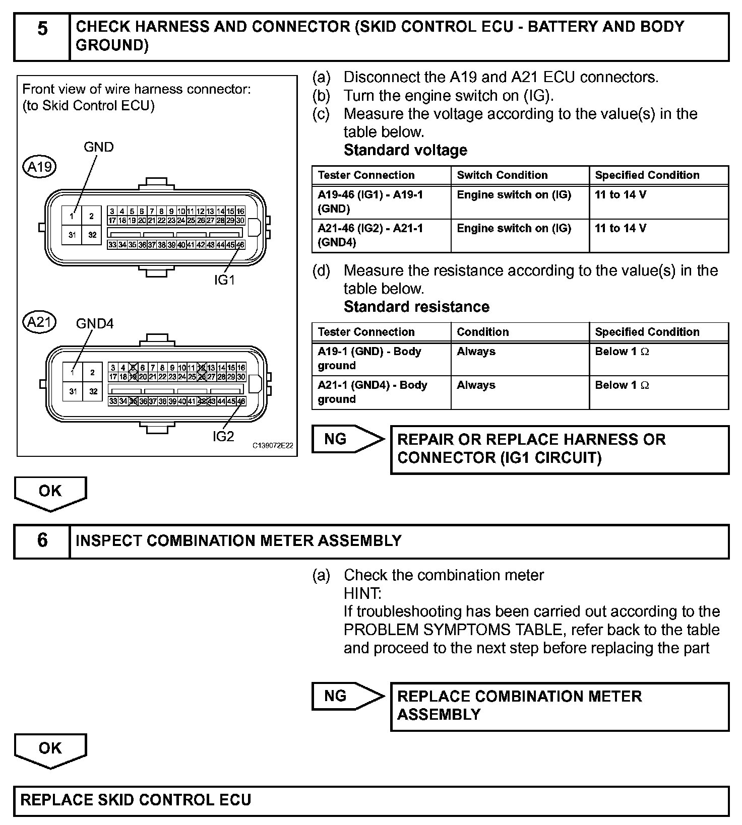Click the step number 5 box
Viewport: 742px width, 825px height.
pyautogui.click(x=42, y=37)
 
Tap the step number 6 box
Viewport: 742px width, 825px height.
pyautogui.click(x=42, y=541)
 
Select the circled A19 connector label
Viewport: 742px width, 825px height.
pyautogui.click(x=40, y=167)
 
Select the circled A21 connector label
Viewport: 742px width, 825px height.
pyautogui.click(x=40, y=322)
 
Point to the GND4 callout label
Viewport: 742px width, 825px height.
pyautogui.click(x=95, y=323)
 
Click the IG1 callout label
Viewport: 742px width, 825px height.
pyautogui.click(x=225, y=280)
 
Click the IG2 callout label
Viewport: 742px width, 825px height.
pyautogui.click(x=223, y=436)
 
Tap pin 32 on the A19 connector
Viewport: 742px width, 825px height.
pyautogui.click(x=92, y=235)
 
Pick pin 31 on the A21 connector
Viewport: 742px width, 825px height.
pyautogui.click(x=74, y=391)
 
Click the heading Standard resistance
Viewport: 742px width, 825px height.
pyautogui.click(x=416, y=307)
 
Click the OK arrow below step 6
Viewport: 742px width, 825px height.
pyautogui.click(x=50, y=749)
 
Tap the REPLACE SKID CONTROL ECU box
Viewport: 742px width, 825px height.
pyautogui.click(x=371, y=800)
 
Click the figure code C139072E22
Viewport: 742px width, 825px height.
pyautogui.click(x=273, y=446)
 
